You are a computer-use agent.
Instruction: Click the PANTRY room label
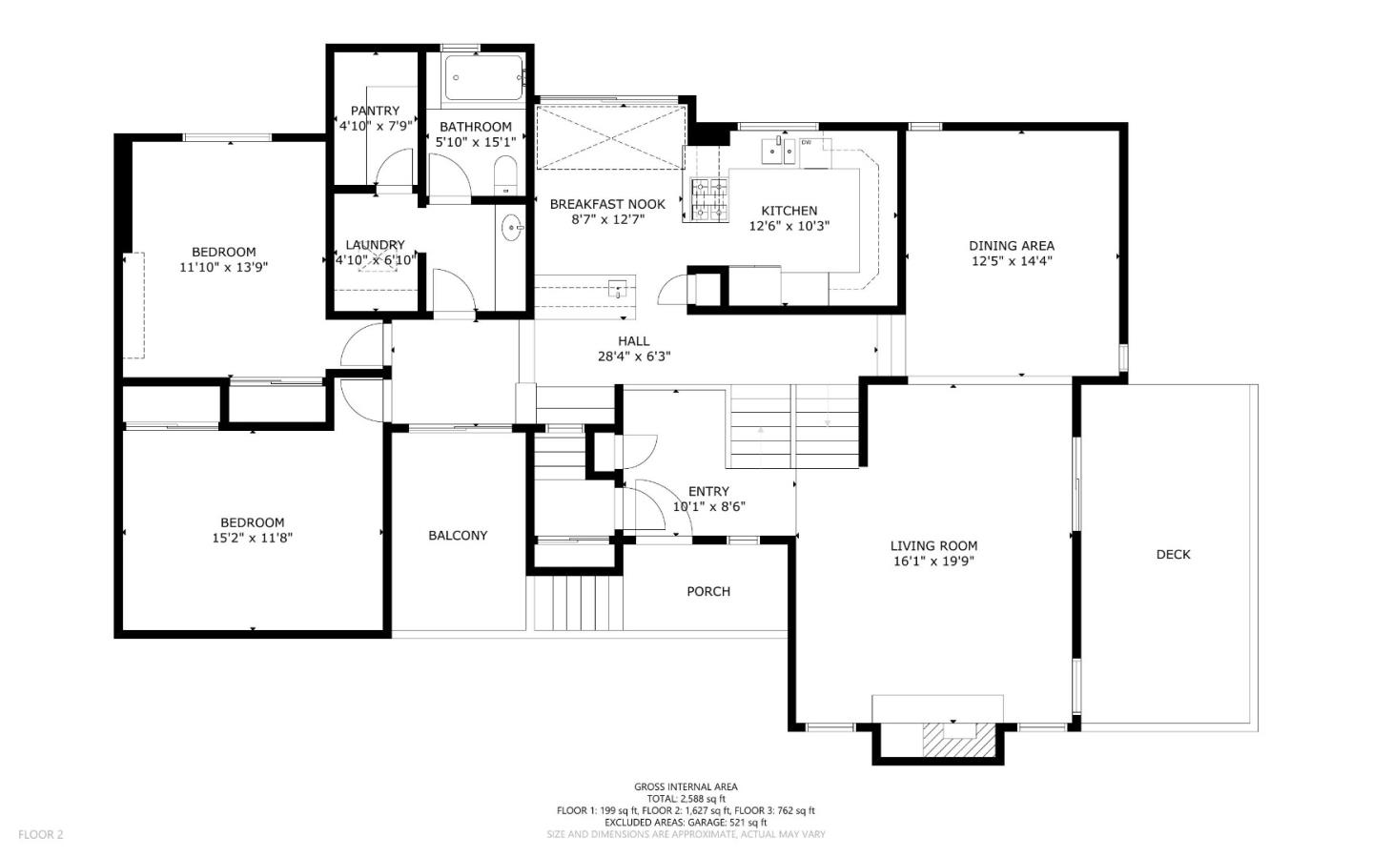click(375, 111)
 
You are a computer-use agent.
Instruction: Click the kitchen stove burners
click(708, 199)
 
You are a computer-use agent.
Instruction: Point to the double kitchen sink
click(779, 151)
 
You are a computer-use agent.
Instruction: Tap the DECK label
click(1173, 554)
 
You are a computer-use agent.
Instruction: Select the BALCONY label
click(458, 536)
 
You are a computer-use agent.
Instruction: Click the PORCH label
click(708, 591)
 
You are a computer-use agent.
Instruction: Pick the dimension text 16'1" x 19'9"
click(933, 561)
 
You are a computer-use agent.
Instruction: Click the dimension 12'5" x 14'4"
click(1012, 260)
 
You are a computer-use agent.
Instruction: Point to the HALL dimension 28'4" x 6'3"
click(633, 357)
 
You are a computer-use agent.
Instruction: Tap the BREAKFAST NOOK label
click(607, 204)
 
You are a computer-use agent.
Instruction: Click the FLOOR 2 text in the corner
click(41, 834)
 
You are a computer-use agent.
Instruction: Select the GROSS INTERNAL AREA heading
click(686, 786)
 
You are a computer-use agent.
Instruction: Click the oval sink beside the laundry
click(512, 228)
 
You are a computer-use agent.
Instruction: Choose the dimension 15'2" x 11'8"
click(252, 538)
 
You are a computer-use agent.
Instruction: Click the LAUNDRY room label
click(375, 245)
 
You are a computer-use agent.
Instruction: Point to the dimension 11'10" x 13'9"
click(223, 267)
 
